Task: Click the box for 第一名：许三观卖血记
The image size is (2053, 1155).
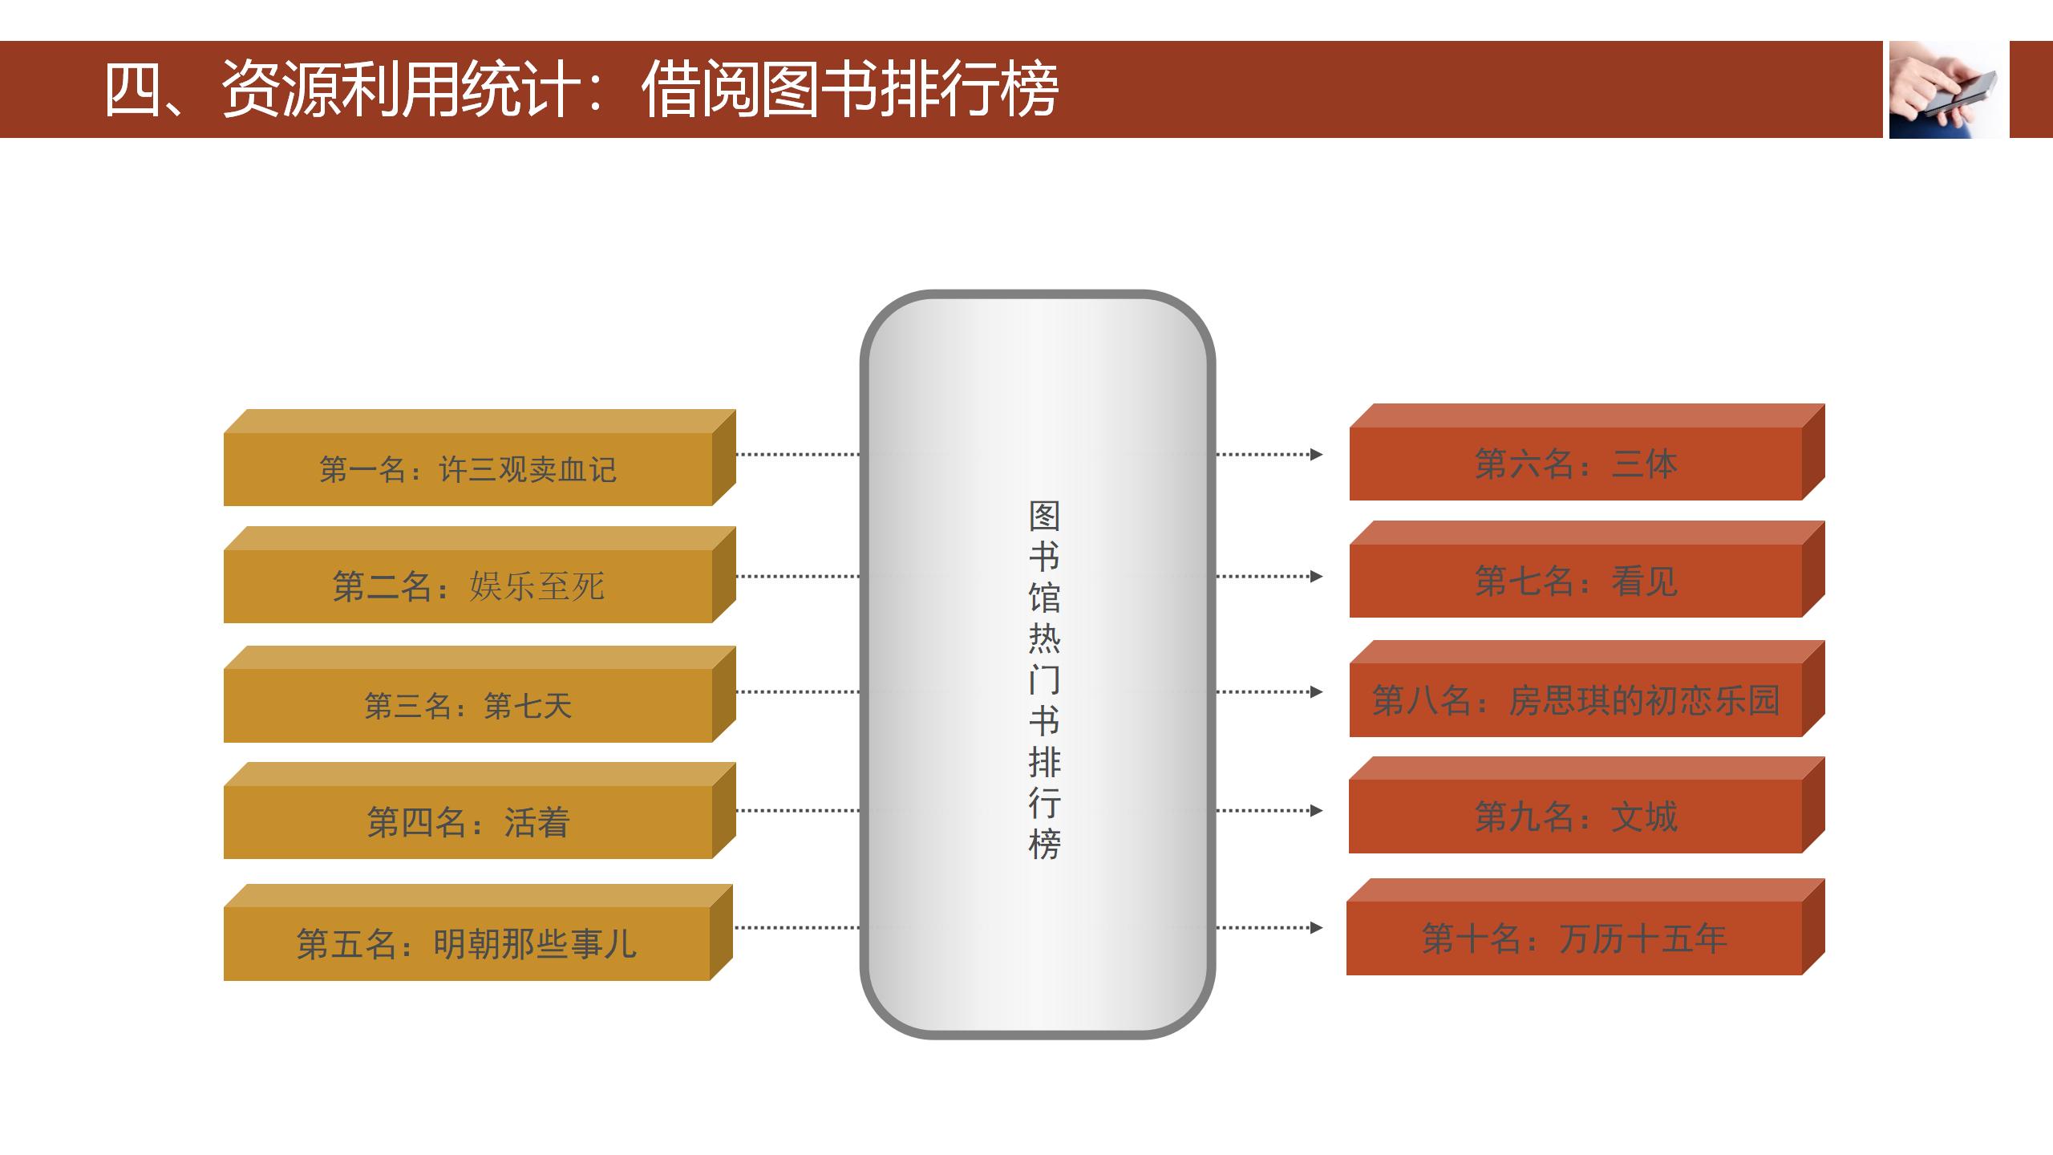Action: click(480, 458)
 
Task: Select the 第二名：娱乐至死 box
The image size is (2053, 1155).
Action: click(480, 575)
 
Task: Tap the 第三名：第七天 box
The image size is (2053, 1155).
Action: click(480, 695)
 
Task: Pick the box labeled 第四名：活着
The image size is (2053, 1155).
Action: click(480, 811)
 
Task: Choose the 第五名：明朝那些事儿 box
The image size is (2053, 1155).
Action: click(478, 932)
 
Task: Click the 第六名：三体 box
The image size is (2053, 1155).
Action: click(1587, 452)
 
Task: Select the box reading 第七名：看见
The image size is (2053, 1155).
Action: click(1587, 569)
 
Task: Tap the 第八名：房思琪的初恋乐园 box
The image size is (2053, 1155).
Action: click(1587, 689)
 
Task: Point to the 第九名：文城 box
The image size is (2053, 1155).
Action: click(1587, 805)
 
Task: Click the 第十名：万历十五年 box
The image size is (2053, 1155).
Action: click(1585, 927)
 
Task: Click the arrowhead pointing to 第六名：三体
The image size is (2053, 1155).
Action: click(1316, 455)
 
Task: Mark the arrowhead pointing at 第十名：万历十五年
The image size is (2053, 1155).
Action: click(1316, 928)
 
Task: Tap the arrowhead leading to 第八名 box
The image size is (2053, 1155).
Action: click(1316, 692)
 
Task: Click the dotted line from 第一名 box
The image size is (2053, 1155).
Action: click(798, 455)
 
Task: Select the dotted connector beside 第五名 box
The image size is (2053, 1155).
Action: click(797, 928)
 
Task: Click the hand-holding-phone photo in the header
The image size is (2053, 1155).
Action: click(1949, 90)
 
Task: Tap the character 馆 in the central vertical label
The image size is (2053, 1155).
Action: click(1044, 598)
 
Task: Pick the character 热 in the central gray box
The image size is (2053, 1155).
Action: click(1044, 638)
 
